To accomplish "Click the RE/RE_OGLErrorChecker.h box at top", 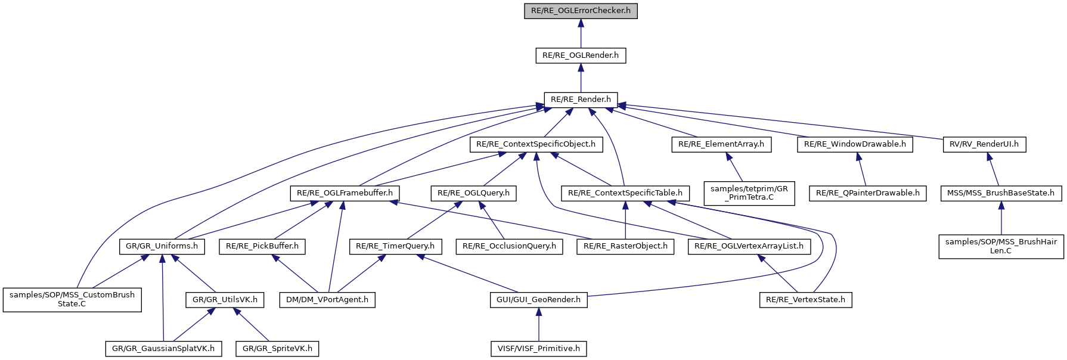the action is [581, 11].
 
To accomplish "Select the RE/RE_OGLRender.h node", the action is [581, 55].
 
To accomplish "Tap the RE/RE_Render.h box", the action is [581, 100].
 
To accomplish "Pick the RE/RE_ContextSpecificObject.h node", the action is [536, 144].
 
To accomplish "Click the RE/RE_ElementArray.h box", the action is [721, 144].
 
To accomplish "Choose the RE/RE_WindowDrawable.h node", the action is [855, 144].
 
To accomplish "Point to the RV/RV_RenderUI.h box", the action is [984, 144].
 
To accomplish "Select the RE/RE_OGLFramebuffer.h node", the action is [345, 193].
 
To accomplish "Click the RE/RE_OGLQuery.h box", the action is [473, 193].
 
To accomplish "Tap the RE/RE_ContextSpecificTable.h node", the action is [625, 193].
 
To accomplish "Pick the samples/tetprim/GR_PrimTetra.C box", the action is [749, 193].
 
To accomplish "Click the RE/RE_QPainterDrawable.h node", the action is [867, 193].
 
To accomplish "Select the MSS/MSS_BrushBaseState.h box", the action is [1001, 193].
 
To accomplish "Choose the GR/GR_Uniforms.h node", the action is [162, 246].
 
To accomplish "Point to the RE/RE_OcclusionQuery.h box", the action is [509, 246].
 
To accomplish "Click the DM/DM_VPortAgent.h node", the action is [327, 300].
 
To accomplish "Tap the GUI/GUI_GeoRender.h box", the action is [538, 300].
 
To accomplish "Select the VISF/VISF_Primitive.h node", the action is [538, 349].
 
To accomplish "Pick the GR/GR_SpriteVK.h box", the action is [277, 349].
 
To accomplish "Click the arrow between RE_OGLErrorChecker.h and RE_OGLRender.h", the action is [581, 33].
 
